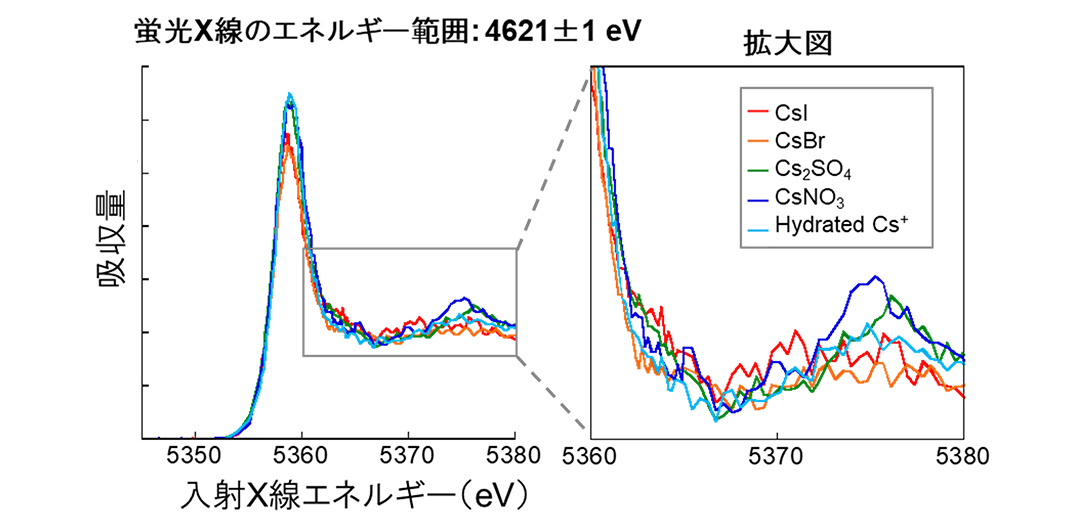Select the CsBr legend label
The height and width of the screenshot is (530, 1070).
pyautogui.click(x=795, y=140)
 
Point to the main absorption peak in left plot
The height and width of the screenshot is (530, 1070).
pyautogui.click(x=288, y=100)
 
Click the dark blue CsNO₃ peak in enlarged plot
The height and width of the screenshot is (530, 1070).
pyautogui.click(x=876, y=277)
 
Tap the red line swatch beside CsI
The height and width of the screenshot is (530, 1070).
pyautogui.click(x=756, y=113)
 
